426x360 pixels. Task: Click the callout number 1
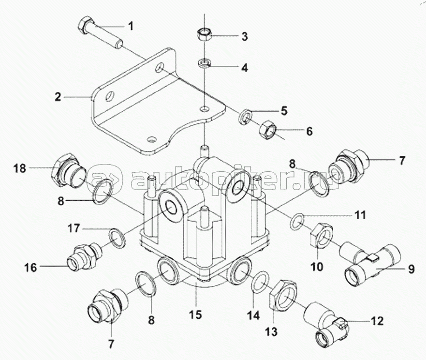[x=131, y=27]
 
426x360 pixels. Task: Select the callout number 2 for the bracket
[x=58, y=97]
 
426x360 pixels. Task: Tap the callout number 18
[x=20, y=168]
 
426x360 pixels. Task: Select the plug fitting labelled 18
[x=68, y=170]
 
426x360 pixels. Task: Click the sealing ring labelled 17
[x=118, y=238]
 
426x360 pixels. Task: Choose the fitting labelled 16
[x=85, y=256]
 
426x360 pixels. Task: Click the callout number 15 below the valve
[x=196, y=315]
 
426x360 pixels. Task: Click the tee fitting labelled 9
[x=370, y=263]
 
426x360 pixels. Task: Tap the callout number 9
[x=411, y=269]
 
